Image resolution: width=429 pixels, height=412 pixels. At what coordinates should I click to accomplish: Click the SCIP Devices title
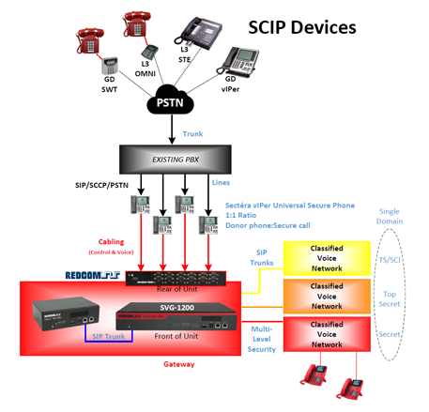(301, 27)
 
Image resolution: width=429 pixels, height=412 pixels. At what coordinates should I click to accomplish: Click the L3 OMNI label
(148, 69)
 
